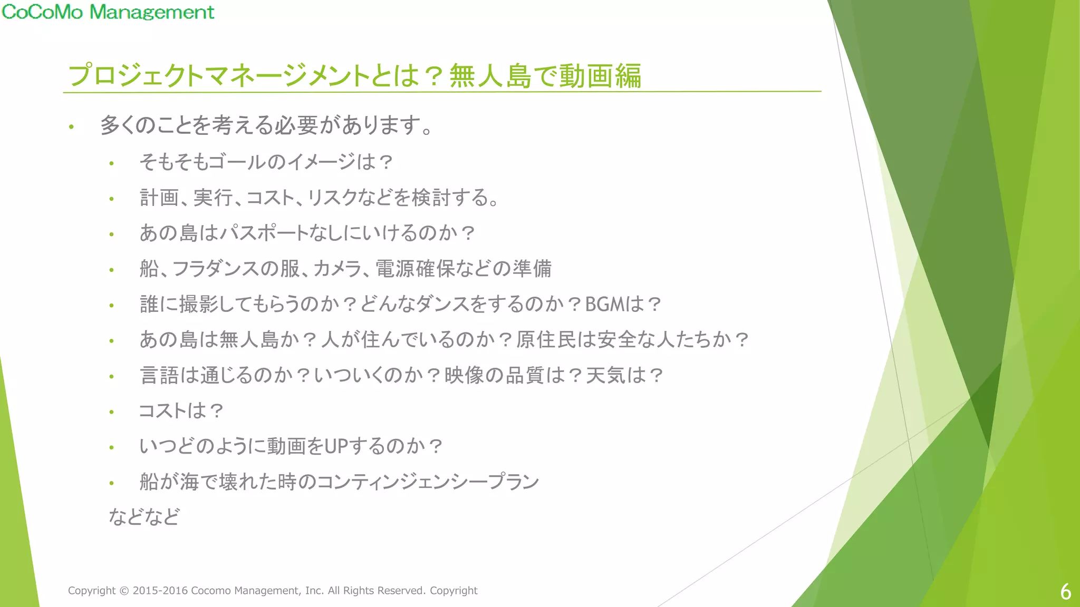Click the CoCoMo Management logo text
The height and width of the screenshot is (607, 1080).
click(x=108, y=12)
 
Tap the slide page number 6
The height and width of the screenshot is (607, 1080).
click(x=1065, y=592)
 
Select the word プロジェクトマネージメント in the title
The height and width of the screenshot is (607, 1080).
click(x=219, y=76)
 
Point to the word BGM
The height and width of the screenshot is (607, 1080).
click(x=604, y=305)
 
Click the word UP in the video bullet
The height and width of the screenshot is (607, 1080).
click(x=336, y=447)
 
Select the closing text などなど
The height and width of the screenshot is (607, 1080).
click(x=144, y=517)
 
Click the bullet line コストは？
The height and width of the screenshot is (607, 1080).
click(x=181, y=411)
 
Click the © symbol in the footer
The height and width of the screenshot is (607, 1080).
click(x=124, y=591)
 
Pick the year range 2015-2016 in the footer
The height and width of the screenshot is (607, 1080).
click(x=160, y=591)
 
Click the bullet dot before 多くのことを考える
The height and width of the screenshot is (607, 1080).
click(x=71, y=126)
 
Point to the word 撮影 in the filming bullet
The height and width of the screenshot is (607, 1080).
click(x=199, y=305)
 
